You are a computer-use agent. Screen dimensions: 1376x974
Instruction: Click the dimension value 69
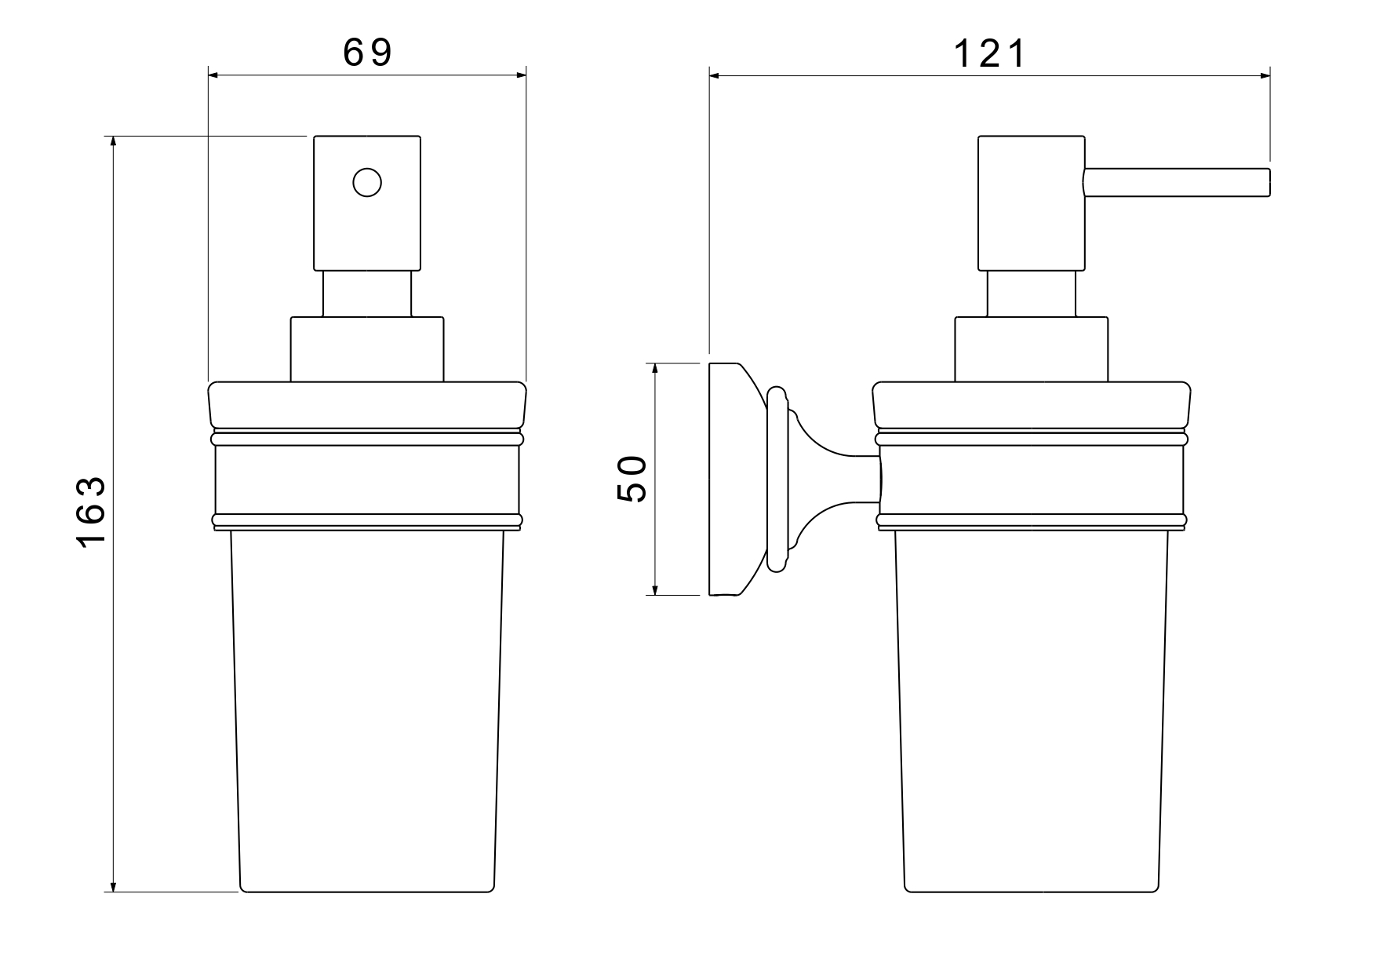[367, 53]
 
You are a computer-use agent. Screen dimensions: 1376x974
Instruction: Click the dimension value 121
[989, 54]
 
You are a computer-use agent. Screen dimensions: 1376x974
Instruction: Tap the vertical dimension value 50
[632, 479]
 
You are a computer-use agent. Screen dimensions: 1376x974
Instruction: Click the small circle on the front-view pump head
[367, 183]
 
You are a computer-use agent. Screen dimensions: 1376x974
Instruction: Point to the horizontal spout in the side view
[1176, 182]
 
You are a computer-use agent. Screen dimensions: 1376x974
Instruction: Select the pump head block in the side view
[1032, 203]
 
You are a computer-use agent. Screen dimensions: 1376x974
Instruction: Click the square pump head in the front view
[367, 203]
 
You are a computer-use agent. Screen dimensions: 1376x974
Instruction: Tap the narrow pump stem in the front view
[367, 294]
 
